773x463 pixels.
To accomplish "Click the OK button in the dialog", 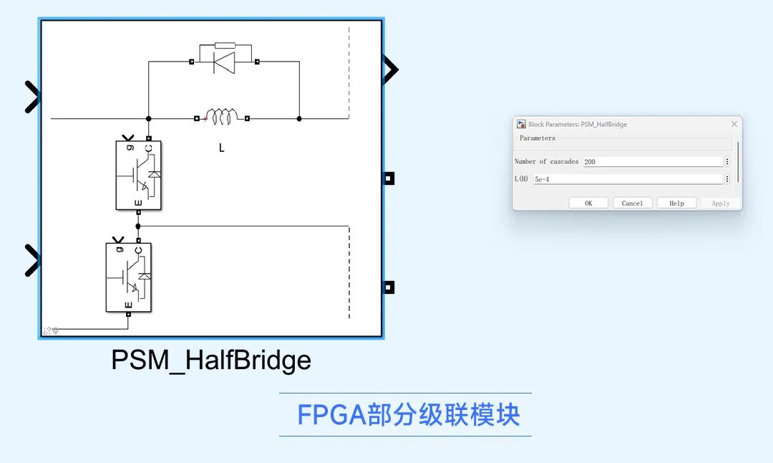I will pos(588,204).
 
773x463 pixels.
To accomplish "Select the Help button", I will pos(676,204).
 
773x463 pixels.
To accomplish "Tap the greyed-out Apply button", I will pos(720,204).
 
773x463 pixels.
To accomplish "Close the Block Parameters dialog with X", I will pos(734,124).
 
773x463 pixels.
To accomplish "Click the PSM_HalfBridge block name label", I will pos(211,360).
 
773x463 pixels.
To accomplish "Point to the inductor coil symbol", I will pos(222,117).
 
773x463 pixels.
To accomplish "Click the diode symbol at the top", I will pos(224,63).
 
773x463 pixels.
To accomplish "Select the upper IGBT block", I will pos(138,175).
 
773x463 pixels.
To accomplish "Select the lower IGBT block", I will pos(129,277).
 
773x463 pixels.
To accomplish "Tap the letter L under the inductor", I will pos(222,148).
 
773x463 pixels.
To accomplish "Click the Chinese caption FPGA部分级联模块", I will pos(408,415).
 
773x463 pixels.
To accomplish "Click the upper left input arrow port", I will pos(32,97).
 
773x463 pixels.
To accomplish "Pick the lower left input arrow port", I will pos(32,260).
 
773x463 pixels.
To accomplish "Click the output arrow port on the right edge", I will pos(390,70).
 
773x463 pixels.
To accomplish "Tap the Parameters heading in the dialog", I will pos(537,138).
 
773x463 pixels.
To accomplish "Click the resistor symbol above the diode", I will pos(225,45).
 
